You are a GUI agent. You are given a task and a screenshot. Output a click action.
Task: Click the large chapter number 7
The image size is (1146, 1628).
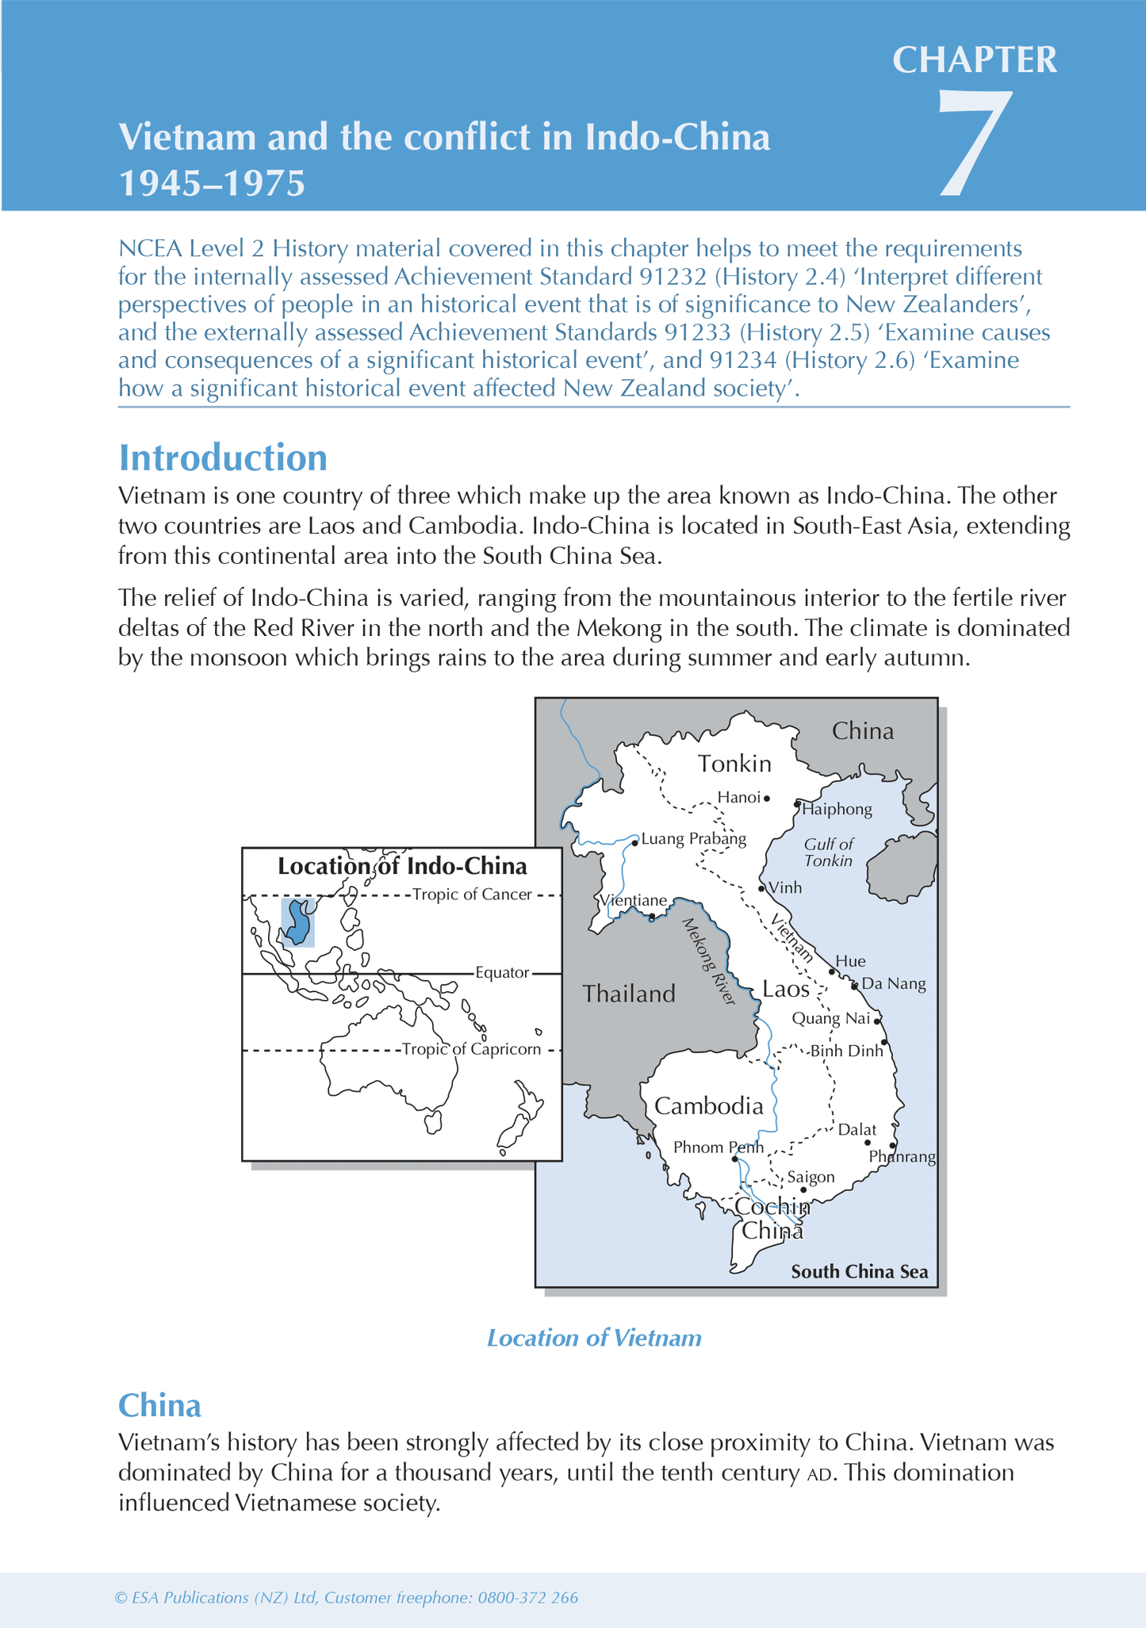(975, 143)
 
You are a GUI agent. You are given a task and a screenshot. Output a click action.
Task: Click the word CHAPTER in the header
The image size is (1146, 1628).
(975, 60)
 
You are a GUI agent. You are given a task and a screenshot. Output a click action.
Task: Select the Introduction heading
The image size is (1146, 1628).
(222, 458)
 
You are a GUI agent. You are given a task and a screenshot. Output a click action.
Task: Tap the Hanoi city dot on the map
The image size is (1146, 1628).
(767, 799)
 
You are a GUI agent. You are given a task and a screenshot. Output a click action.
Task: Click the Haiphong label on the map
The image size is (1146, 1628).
(837, 810)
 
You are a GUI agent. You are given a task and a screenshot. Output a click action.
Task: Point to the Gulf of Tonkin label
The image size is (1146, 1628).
(828, 852)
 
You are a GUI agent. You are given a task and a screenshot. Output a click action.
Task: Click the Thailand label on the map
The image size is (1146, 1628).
(629, 994)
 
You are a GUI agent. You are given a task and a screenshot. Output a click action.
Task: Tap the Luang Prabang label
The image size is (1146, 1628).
(693, 839)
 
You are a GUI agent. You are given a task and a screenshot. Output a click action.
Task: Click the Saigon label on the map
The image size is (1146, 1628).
(811, 1177)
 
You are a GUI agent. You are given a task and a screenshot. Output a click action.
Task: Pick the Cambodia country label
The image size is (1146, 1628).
(708, 1106)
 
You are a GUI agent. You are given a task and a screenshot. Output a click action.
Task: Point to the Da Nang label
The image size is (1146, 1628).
(893, 984)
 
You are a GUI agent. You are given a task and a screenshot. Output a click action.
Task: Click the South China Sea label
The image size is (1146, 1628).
(859, 1272)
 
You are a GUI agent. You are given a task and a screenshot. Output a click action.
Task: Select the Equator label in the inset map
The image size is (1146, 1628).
(501, 972)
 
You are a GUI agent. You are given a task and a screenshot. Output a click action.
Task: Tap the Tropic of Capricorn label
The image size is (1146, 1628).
(471, 1049)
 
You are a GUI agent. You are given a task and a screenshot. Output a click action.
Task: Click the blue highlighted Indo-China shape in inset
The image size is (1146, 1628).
(299, 922)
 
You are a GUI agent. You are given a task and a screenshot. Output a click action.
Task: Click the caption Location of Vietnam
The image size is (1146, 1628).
(593, 1338)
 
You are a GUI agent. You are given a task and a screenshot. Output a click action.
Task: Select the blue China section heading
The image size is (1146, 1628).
(159, 1405)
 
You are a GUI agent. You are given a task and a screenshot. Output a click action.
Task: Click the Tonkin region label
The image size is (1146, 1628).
(734, 764)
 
